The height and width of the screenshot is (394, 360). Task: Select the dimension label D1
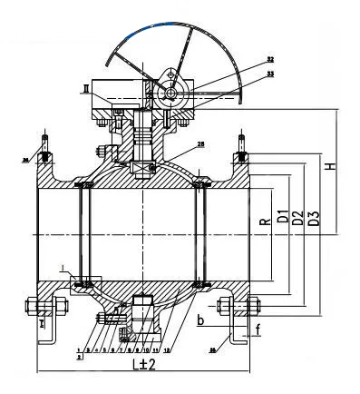click(x=283, y=219)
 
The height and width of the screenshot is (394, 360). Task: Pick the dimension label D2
click(x=298, y=219)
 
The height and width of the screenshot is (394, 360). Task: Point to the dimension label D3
click(x=314, y=219)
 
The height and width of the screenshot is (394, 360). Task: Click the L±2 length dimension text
click(x=141, y=364)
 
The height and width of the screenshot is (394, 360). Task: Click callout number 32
click(x=270, y=60)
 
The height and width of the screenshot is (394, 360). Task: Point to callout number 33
click(x=270, y=73)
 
